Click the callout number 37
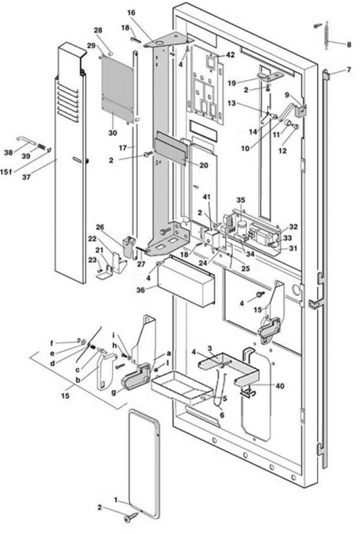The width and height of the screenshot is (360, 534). [26, 177]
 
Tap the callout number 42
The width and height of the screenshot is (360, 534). [230, 55]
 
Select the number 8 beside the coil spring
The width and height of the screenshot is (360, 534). [349, 44]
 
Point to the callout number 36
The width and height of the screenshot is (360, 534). [140, 290]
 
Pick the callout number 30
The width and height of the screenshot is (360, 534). [112, 133]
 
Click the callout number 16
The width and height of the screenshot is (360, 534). [131, 13]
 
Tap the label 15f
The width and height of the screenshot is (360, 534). [6, 171]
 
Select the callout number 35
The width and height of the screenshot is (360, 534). [241, 200]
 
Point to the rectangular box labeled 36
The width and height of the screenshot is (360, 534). [187, 280]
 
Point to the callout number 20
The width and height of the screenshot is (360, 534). [204, 165]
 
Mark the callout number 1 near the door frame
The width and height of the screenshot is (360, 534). [116, 500]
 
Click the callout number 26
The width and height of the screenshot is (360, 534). [100, 227]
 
